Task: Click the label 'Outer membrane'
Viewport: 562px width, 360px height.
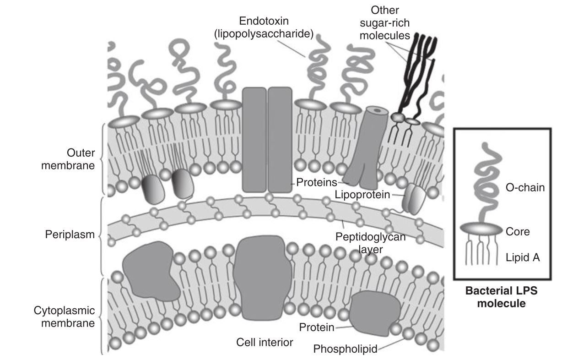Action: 68,158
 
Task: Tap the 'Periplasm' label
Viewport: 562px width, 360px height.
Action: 70,235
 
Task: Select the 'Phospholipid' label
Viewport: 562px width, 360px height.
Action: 345,349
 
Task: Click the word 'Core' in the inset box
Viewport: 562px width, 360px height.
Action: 518,232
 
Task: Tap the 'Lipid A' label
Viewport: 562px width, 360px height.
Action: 523,258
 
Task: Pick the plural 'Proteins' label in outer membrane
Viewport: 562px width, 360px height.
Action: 313,182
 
